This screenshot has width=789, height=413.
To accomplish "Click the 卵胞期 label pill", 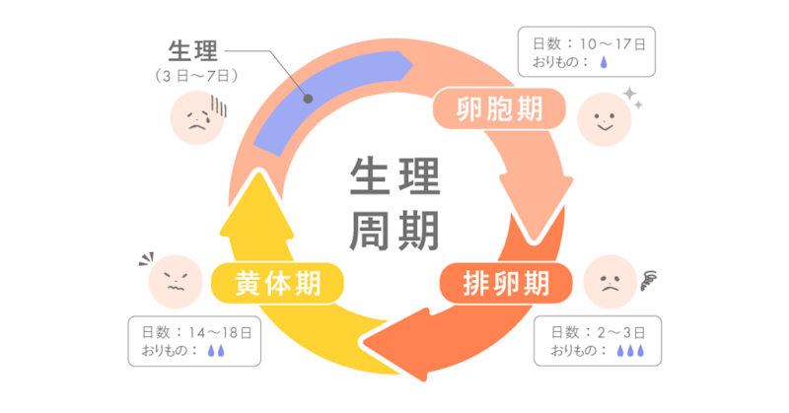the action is [499, 108].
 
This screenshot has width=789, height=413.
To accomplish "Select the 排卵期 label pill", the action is [506, 283].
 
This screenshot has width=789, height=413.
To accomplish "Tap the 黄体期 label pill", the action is [277, 283].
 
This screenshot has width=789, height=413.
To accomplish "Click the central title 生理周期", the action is [395, 204].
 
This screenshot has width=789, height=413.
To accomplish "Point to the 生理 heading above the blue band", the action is [193, 51].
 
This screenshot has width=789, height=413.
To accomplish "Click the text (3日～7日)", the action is [195, 76].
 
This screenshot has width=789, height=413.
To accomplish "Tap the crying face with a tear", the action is [197, 117].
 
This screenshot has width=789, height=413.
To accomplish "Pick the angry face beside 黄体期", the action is [176, 282].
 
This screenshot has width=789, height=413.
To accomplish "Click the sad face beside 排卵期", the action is [610, 282].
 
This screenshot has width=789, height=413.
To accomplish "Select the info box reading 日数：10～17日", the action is [586, 52].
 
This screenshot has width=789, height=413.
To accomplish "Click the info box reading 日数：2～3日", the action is [598, 341].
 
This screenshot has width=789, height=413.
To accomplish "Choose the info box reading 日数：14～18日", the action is [194, 341].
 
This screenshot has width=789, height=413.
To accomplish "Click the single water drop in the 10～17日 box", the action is [604, 62].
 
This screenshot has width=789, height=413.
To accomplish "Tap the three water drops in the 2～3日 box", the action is [630, 351].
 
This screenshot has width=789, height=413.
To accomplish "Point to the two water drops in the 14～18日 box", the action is [216, 351].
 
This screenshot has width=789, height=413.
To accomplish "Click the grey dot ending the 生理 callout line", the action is [308, 99].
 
